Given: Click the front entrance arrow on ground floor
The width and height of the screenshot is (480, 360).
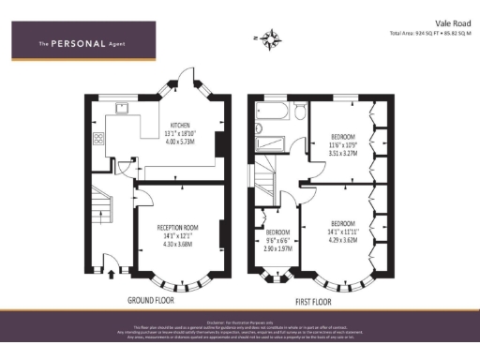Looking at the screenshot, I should click(x=113, y=274).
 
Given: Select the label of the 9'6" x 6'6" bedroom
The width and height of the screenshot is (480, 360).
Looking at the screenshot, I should click(x=278, y=232).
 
